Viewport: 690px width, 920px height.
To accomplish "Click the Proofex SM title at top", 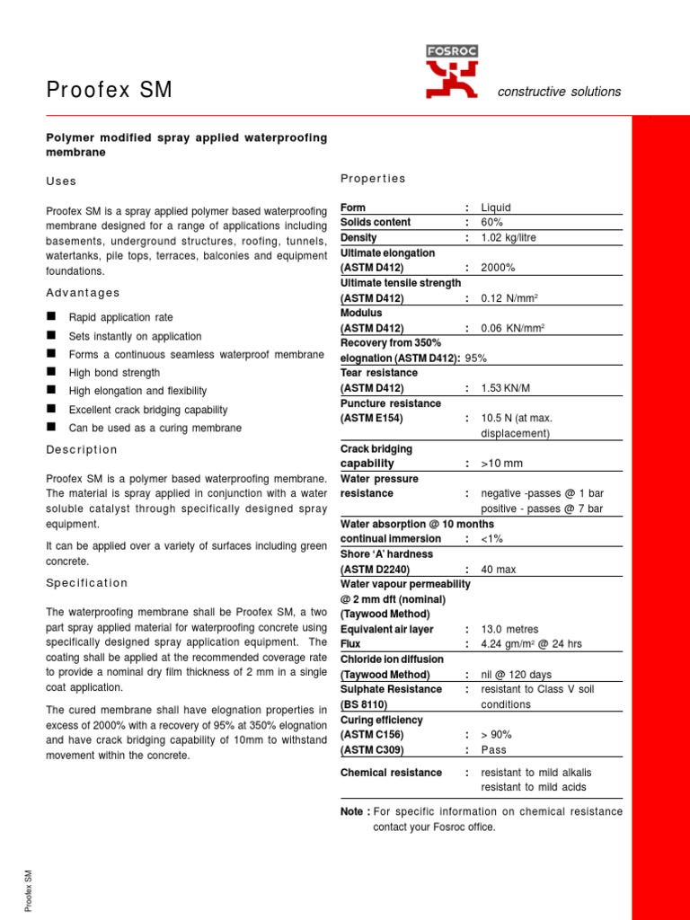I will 109,91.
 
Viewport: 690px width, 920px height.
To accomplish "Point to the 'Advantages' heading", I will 83,293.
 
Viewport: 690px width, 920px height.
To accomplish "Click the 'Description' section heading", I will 82,449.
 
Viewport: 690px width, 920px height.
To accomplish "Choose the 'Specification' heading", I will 87,583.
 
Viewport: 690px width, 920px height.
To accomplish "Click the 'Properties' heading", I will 373,178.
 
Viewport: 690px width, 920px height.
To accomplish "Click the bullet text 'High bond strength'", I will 114,373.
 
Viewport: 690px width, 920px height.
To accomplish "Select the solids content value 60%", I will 492,223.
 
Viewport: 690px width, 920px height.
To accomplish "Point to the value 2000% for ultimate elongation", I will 498,268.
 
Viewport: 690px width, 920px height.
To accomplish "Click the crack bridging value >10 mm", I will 501,464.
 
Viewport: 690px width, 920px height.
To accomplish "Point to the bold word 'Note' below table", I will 352,812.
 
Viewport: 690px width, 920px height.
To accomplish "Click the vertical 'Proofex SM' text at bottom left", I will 29,890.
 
